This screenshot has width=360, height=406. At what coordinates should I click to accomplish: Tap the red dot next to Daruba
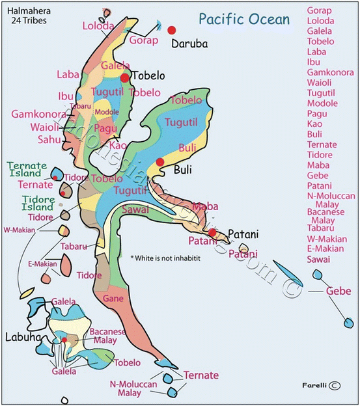pos(172,30)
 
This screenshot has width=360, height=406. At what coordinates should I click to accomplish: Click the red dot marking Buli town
pos(159,162)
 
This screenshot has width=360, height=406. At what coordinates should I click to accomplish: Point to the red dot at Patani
pos(212,232)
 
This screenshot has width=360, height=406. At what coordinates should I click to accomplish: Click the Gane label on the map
pos(112,297)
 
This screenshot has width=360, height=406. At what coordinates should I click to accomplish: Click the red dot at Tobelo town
pos(124,77)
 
